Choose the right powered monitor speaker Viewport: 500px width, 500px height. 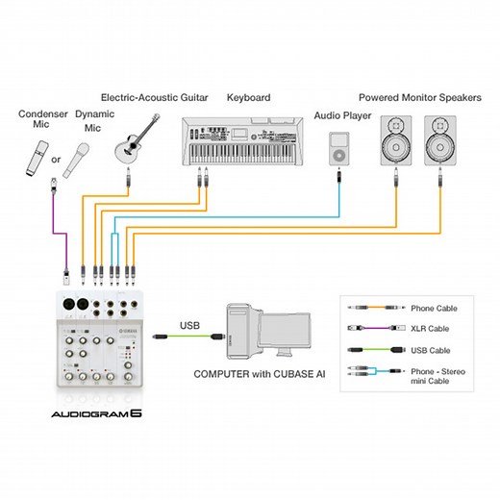[440, 138]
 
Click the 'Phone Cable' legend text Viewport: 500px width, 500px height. [434, 309]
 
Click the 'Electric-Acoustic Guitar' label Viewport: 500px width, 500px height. [149, 97]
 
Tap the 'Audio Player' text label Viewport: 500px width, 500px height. [340, 115]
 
